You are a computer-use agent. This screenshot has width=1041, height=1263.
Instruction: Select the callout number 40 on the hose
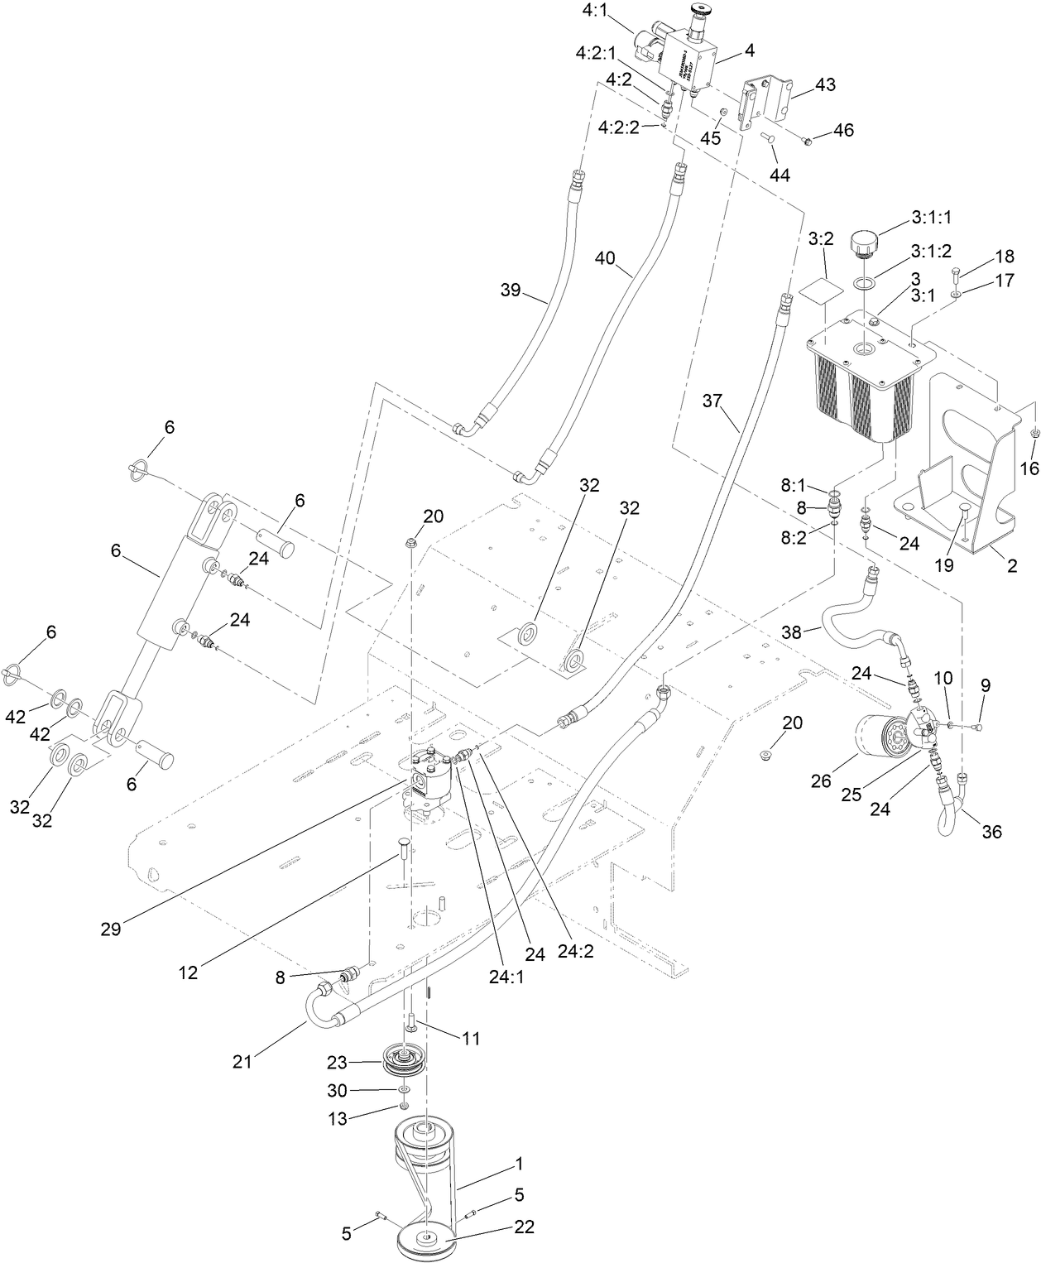(605, 258)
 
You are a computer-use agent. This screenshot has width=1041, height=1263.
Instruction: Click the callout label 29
(111, 929)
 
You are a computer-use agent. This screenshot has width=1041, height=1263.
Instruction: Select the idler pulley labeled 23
(403, 1061)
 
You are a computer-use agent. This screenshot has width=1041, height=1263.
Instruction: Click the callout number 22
(523, 1227)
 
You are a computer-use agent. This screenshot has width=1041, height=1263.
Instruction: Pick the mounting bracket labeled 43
(765, 101)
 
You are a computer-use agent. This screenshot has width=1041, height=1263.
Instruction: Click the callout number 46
(843, 130)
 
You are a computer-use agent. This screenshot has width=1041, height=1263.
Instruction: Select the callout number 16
(1029, 469)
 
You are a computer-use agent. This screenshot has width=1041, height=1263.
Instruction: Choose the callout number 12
(189, 972)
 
